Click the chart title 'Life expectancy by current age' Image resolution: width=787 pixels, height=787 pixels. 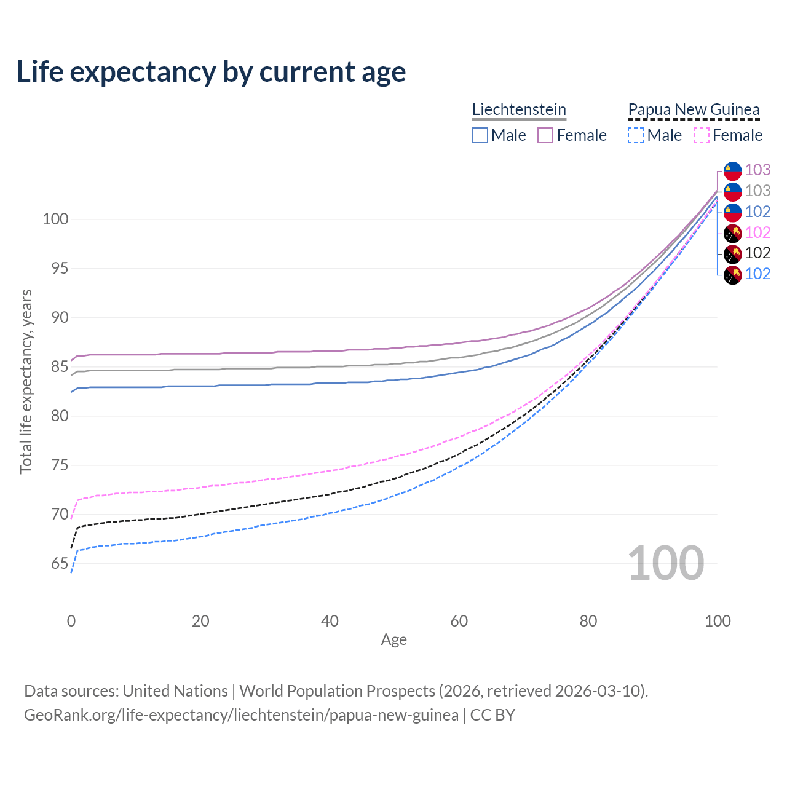(211, 72)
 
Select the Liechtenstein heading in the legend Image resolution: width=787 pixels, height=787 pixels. (519, 109)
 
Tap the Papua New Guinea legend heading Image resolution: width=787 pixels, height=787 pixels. (694, 109)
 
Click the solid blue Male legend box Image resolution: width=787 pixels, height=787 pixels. (480, 135)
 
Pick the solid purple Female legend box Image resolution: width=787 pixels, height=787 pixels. (545, 135)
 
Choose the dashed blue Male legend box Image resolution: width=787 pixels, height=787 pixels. (636, 135)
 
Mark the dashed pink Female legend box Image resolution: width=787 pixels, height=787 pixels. (702, 135)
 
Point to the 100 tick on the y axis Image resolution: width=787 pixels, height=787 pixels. (55, 219)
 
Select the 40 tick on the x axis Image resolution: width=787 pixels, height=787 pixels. (330, 621)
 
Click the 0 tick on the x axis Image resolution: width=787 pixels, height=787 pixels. (71, 621)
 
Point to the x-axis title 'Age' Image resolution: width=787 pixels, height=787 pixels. (393, 640)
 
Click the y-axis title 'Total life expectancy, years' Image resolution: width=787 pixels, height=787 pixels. (26, 381)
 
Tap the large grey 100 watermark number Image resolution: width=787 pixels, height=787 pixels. (665, 563)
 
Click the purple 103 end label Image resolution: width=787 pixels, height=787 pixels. (757, 170)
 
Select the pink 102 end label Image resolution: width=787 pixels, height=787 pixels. (757, 232)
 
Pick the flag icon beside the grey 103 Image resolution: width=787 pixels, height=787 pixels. (732, 191)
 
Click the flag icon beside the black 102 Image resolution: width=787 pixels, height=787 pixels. (732, 253)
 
